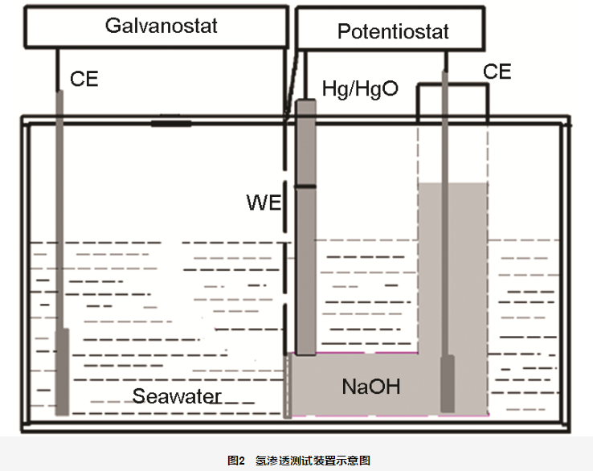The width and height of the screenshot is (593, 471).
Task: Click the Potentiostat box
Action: pos(392,31)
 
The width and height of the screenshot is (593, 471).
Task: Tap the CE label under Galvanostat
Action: pos(84,80)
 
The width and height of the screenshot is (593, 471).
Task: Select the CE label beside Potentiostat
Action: pos(497,72)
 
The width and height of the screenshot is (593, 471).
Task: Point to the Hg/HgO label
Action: pos(360,88)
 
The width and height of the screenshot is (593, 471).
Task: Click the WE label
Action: pos(264,202)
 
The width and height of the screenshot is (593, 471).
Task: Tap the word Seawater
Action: pos(177,396)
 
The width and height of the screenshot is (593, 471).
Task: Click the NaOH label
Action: pos(370,387)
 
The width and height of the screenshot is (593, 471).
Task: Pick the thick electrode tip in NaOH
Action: pos(448,383)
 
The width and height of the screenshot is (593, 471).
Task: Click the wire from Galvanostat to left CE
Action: pos(58,68)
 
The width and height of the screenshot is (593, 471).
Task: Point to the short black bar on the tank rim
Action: pos(171,124)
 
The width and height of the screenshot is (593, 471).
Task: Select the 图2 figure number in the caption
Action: pos(235,461)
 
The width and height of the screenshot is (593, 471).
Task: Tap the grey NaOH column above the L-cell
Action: pos(453,265)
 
